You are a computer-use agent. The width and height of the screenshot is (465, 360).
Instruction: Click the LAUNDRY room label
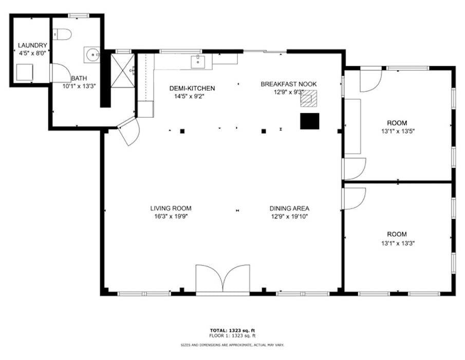pos(32,45)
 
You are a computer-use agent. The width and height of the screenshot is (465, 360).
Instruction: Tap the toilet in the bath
pos(62,34)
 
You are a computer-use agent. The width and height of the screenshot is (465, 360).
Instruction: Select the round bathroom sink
pos(92,55)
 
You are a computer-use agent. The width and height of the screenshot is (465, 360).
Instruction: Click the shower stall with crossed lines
pos(122,70)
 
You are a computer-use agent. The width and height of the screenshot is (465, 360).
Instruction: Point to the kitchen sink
pos(197,62)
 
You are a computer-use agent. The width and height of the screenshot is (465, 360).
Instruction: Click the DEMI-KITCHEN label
pos(192,88)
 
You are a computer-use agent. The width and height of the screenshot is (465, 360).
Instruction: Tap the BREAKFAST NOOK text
pos(289,84)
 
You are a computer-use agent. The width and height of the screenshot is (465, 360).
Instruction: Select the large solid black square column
pos(310,121)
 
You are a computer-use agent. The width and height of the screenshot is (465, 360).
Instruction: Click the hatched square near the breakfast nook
pos(309,98)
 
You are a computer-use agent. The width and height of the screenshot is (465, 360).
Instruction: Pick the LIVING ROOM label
pos(171,208)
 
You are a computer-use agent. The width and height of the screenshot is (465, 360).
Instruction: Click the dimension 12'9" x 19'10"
pos(289,217)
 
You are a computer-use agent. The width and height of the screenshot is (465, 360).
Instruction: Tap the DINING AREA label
pos(289,208)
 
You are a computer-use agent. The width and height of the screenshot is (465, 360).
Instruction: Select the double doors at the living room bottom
pos(222,279)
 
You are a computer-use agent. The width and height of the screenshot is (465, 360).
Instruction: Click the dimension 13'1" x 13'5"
pos(398,131)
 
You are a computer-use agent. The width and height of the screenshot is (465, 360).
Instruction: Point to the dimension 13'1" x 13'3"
pos(398,244)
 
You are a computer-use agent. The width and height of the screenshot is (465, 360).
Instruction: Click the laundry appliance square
pos(24,72)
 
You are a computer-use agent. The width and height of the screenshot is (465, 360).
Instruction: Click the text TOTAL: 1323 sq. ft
pos(232,330)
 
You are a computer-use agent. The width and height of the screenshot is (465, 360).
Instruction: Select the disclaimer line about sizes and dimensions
pos(232,345)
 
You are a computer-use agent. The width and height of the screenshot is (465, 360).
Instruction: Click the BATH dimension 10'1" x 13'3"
pos(79,86)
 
